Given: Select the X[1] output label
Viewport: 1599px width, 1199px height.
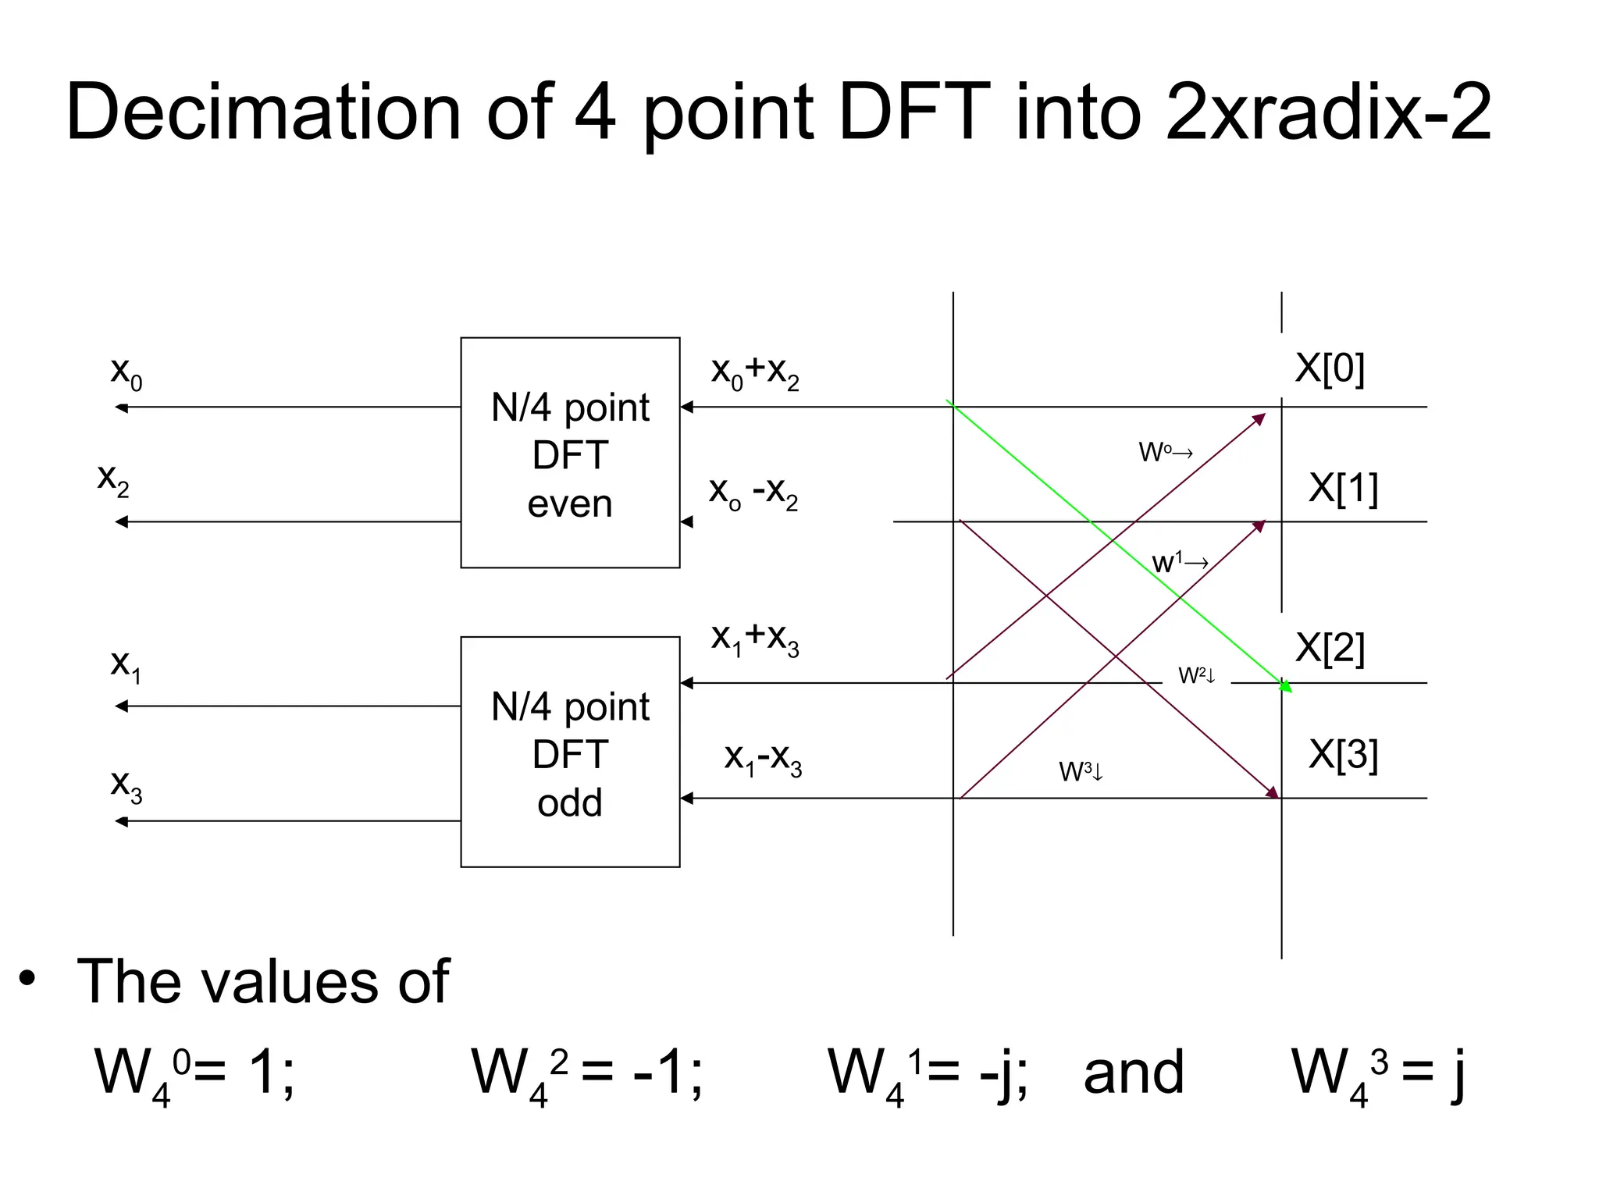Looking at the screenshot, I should [1343, 488].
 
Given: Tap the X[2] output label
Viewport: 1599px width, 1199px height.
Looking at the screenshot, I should [1330, 647].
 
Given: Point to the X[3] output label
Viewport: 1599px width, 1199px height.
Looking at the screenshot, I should [1343, 754].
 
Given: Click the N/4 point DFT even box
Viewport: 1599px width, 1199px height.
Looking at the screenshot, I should [570, 453].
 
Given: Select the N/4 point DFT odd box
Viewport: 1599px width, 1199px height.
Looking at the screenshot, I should [570, 752].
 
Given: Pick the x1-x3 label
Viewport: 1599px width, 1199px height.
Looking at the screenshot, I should [763, 758].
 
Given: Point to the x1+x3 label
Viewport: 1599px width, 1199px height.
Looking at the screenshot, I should [755, 639].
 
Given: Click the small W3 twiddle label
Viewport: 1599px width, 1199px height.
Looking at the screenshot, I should [1081, 771].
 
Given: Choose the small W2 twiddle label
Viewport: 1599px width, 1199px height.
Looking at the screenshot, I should [1196, 675].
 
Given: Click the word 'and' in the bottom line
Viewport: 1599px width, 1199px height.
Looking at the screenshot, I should [1134, 1072].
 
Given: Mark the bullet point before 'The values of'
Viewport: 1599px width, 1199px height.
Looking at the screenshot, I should [28, 978].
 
